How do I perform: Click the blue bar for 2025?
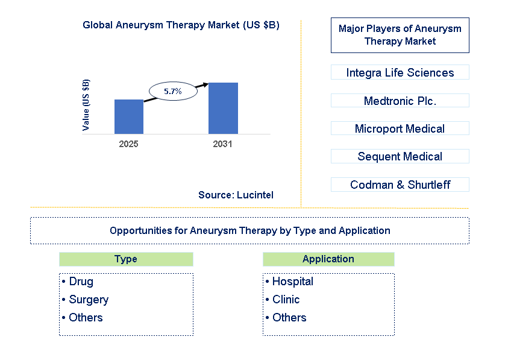tap(129, 116)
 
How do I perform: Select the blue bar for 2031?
tap(223, 108)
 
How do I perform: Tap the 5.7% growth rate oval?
tap(172, 92)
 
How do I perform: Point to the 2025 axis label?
tap(128, 144)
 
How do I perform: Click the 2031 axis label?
tap(222, 144)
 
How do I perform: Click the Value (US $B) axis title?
tap(86, 105)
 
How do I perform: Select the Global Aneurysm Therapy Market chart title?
tap(181, 25)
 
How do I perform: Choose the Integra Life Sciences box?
tap(400, 72)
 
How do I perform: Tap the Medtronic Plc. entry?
tap(400, 101)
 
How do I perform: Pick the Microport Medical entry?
tap(400, 128)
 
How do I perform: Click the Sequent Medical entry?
tap(400, 156)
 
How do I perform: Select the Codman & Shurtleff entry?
tap(400, 185)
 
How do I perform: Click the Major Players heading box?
tap(400, 35)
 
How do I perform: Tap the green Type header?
tap(126, 259)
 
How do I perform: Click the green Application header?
tap(328, 259)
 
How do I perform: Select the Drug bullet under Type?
tap(81, 282)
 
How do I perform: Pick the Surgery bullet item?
tap(88, 300)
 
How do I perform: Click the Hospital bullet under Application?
tap(292, 282)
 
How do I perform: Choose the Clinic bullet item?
tap(285, 300)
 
